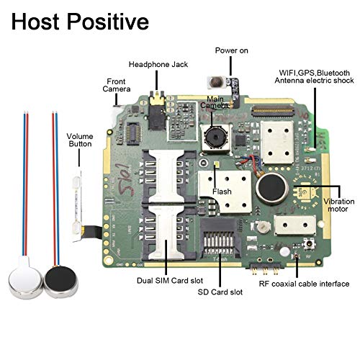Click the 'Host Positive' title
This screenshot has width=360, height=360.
click(x=80, y=22)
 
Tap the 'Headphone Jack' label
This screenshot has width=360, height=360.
click(x=158, y=64)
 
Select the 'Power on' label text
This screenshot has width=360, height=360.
click(x=231, y=50)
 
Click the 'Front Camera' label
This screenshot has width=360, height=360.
click(x=117, y=85)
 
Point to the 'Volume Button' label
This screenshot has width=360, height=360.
click(x=80, y=140)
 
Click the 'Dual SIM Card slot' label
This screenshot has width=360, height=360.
click(x=170, y=281)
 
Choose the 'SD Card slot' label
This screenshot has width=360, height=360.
click(x=220, y=292)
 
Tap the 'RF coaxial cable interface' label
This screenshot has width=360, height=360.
click(x=304, y=284)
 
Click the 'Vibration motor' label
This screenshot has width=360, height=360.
click(x=338, y=205)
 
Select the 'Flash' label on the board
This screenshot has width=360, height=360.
click(x=222, y=192)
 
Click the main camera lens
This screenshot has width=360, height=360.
click(x=215, y=138)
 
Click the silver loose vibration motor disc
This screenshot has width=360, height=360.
click(x=25, y=280)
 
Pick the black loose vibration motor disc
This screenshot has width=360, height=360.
click(x=61, y=282)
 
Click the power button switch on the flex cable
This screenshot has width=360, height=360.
click(x=217, y=82)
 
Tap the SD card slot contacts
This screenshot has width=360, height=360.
click(x=219, y=243)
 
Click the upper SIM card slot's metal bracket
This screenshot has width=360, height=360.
click(x=166, y=176)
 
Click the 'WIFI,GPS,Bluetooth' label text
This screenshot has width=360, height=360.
click(x=314, y=73)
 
